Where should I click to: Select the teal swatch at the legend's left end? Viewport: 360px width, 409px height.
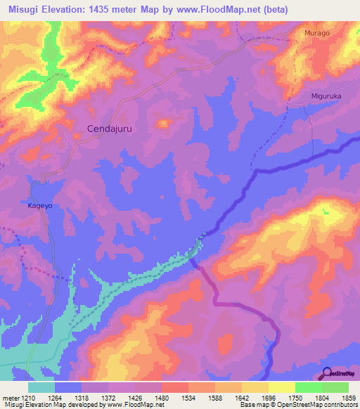[41, 387]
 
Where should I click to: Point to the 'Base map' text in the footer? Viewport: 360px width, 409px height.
[254, 405]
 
